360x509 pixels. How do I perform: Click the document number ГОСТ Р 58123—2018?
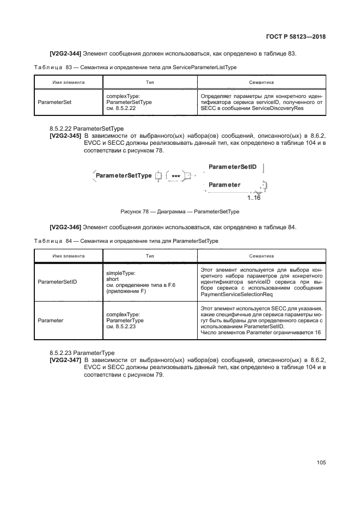point(295,38)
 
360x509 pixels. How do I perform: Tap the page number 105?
point(321,462)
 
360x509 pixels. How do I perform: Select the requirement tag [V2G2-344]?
point(65,53)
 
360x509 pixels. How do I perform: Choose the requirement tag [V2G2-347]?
point(65,360)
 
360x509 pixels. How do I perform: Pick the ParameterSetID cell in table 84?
point(57,282)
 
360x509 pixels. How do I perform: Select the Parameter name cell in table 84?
point(51,321)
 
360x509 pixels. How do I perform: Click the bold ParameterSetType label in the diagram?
point(123,176)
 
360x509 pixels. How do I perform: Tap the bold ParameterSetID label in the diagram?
point(232,167)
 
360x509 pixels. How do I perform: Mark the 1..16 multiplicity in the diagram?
point(253,198)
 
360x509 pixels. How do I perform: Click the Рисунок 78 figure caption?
point(180,212)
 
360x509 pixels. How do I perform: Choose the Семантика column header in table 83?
point(261,82)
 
